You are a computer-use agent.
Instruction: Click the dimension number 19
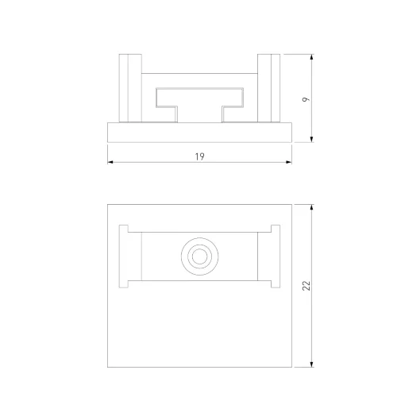[199, 156]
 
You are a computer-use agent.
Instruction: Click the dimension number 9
[306, 99]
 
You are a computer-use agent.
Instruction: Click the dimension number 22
[306, 286]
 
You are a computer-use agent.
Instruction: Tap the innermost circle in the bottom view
[199, 256]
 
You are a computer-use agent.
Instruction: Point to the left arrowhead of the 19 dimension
[110, 162]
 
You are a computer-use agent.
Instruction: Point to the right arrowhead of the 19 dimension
[289, 162]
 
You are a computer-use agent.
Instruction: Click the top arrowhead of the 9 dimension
[311, 57]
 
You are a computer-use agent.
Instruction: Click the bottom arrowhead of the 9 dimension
[311, 139]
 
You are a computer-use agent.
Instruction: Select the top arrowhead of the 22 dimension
[311, 207]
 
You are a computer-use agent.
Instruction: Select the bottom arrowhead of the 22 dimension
[311, 364]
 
